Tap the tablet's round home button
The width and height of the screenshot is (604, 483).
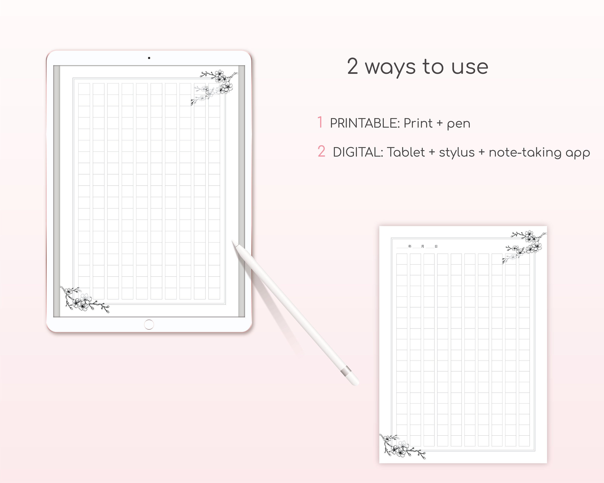[x=149, y=325]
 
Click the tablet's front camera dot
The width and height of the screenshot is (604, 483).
[x=149, y=58]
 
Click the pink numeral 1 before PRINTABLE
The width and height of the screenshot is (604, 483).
[x=320, y=122]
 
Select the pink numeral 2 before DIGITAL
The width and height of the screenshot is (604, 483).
[x=321, y=152]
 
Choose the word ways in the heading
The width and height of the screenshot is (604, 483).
[x=390, y=67]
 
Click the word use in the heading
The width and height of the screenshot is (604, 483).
[x=470, y=67]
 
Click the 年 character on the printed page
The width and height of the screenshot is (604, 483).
[x=410, y=246]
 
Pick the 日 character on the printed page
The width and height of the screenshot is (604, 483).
[x=436, y=246]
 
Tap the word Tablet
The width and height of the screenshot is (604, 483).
[x=406, y=152]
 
